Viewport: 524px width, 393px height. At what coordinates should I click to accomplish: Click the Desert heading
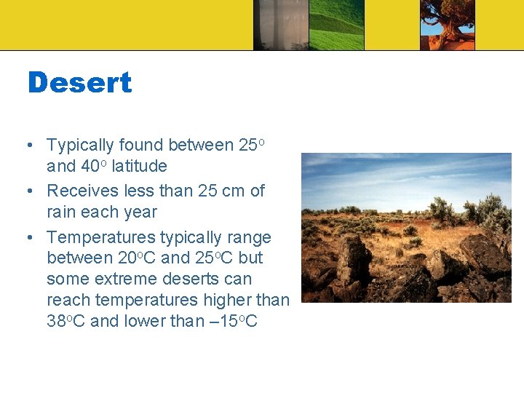click(79, 83)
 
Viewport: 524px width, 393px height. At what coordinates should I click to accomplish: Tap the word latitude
click(139, 167)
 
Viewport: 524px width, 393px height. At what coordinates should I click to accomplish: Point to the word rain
click(63, 213)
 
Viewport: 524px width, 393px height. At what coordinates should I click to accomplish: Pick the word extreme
click(129, 279)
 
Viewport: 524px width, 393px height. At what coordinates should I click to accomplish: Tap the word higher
click(222, 300)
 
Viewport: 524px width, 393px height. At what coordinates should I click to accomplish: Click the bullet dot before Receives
click(29, 191)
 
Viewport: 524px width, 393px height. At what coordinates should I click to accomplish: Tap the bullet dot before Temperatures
click(29, 238)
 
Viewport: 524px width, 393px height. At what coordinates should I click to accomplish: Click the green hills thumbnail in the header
click(336, 25)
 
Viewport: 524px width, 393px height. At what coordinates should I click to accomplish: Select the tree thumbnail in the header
click(447, 25)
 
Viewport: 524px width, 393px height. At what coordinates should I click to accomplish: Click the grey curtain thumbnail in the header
click(280, 25)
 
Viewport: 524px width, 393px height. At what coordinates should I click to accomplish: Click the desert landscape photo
click(406, 227)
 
